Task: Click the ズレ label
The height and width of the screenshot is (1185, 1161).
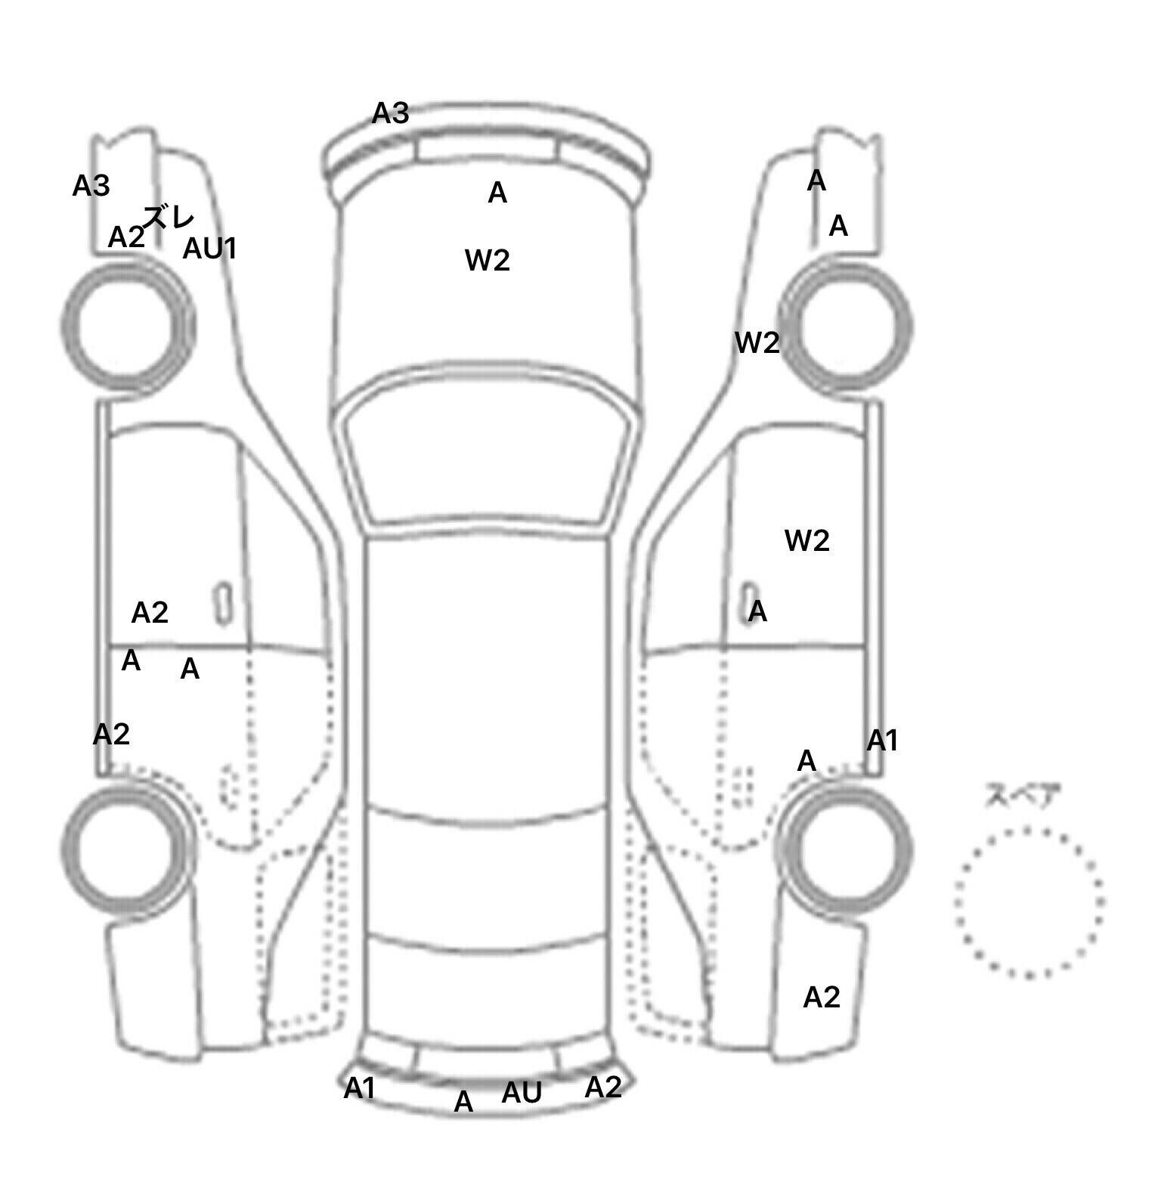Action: [169, 218]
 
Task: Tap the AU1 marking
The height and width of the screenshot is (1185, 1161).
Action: [210, 248]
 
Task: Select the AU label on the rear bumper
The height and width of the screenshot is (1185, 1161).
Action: [522, 1092]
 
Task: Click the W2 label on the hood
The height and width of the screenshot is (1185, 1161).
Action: [488, 261]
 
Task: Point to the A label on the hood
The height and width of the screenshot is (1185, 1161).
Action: [497, 193]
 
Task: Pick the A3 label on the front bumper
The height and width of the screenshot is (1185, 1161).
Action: [391, 113]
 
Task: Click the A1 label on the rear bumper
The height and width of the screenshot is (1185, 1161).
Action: [360, 1088]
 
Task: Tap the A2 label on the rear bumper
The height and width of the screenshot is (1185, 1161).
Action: [603, 1088]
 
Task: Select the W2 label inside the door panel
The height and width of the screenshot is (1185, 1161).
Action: [807, 540]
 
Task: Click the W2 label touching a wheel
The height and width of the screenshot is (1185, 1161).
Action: [757, 343]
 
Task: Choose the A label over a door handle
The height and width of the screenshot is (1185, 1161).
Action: [757, 611]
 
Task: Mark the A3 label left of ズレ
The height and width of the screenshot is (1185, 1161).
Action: [91, 186]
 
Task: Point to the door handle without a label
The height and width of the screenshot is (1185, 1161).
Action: [223, 604]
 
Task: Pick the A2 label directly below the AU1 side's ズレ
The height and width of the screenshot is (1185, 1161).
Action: [126, 237]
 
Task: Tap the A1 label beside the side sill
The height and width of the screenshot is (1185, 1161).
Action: [882, 741]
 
